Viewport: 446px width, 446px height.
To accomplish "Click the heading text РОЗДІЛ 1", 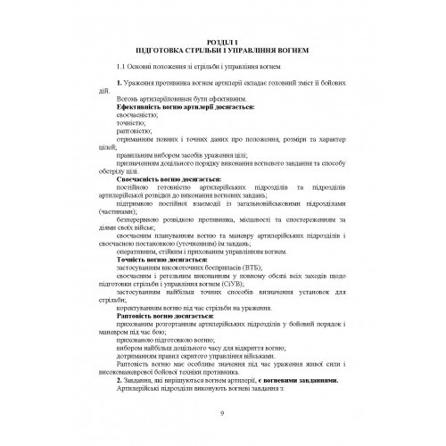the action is pyautogui.click(x=222, y=41).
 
